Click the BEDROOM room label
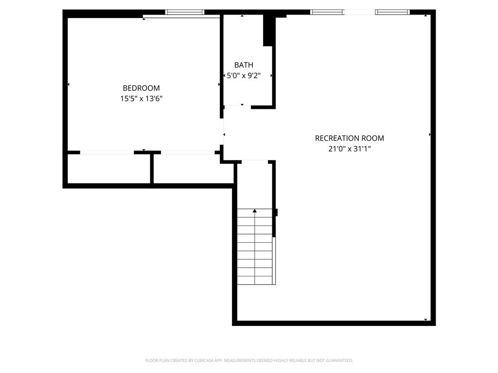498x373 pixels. (x=142, y=88)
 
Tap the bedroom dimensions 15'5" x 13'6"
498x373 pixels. (x=142, y=99)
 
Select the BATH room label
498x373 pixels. (x=244, y=65)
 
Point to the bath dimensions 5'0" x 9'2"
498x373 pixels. (x=244, y=75)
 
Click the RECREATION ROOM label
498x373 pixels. (x=349, y=138)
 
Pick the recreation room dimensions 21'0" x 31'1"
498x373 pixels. (x=349, y=149)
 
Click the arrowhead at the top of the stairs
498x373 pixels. (x=255, y=211)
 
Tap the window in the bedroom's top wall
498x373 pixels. (x=184, y=12)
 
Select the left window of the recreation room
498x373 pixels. (x=327, y=12)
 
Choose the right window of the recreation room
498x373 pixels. (x=392, y=12)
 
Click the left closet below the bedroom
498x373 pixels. (x=108, y=169)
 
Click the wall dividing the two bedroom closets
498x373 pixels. (x=152, y=169)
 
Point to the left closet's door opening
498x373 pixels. (x=107, y=153)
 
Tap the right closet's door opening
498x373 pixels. (x=188, y=153)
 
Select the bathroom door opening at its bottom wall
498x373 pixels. (x=237, y=107)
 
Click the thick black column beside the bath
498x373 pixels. (x=268, y=31)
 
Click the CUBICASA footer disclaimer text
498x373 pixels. (x=249, y=360)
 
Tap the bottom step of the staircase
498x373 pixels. (x=255, y=280)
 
